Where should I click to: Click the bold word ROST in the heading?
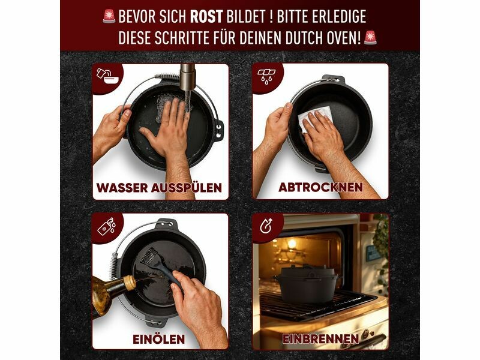206,17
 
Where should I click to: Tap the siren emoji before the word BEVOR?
109,16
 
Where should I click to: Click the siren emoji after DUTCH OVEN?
370,38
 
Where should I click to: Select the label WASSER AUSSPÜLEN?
159,188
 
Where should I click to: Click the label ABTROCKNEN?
321,187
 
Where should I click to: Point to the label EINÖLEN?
159,339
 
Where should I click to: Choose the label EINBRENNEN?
320,339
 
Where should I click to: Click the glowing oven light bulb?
292,244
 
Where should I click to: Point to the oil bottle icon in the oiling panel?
107,227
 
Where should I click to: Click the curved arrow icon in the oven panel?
266,226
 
